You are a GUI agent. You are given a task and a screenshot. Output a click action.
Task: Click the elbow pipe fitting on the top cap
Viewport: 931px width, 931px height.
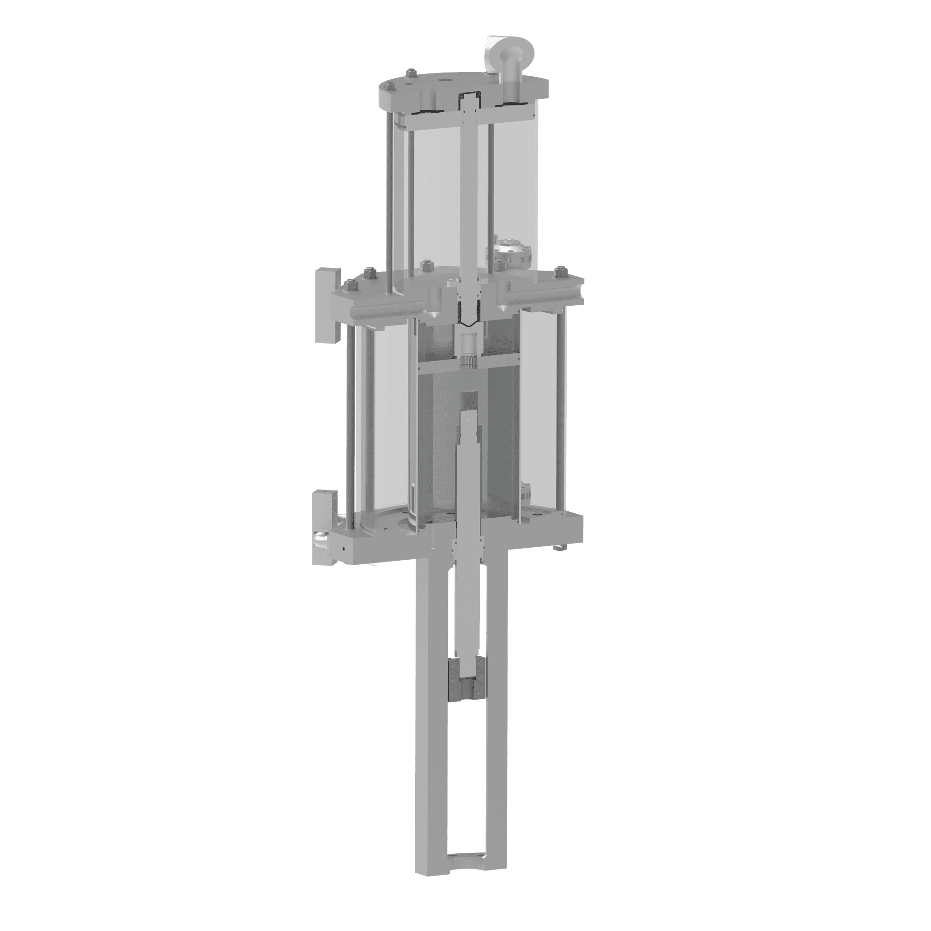pyautogui.click(x=509, y=63)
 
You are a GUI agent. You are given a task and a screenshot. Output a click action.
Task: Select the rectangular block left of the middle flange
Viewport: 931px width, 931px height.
pyautogui.click(x=327, y=306)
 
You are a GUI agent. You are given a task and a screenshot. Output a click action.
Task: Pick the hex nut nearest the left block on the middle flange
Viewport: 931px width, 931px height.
pyautogui.click(x=351, y=286)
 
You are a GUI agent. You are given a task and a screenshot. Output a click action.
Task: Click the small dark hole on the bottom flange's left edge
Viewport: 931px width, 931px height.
pyautogui.click(x=343, y=548)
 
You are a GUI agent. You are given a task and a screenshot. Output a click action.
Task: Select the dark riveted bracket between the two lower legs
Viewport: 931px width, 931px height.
pyautogui.click(x=467, y=679)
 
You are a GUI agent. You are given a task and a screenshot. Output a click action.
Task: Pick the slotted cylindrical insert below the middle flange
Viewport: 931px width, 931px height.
pyautogui.click(x=467, y=352)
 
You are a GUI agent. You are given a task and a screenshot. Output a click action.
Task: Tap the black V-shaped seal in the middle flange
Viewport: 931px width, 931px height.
pyautogui.click(x=467, y=320)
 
